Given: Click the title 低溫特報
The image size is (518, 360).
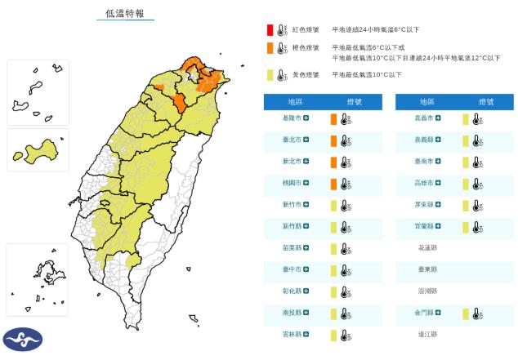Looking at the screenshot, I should coord(125,13).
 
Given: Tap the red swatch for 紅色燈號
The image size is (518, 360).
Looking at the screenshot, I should coord(269,29).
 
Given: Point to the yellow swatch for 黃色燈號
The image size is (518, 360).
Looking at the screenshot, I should coord(269,75).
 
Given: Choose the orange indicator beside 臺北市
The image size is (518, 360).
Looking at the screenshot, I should coord(333,140).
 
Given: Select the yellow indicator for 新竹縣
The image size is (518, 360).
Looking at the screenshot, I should coord(333,226).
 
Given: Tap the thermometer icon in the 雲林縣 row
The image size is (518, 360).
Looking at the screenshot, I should coord(345,335).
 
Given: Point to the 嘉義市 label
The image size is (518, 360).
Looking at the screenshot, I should coord(423,118).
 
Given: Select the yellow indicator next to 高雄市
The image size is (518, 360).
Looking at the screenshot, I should coord(465,184).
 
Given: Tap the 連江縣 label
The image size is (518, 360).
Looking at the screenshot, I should coord(427,335).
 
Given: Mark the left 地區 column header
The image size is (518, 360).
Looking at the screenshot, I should coord(296,101).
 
